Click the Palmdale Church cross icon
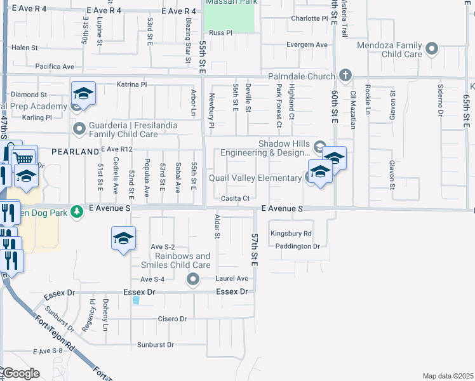pyautogui.click(x=345, y=76)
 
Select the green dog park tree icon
pyautogui.click(x=77, y=210)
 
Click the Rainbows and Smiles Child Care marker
pyautogui.click(x=193, y=278)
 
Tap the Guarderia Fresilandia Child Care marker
pyautogui.click(x=79, y=130)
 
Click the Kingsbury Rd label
pyautogui.click(x=290, y=234)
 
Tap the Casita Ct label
pyautogui.click(x=235, y=198)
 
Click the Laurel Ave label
pyautogui.click(x=232, y=278)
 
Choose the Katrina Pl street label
pyautogui.click(x=132, y=84)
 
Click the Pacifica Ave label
pyautogui.click(x=55, y=66)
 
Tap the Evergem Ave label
pyautogui.click(x=307, y=45)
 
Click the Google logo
pyautogui.click(x=21, y=373)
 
